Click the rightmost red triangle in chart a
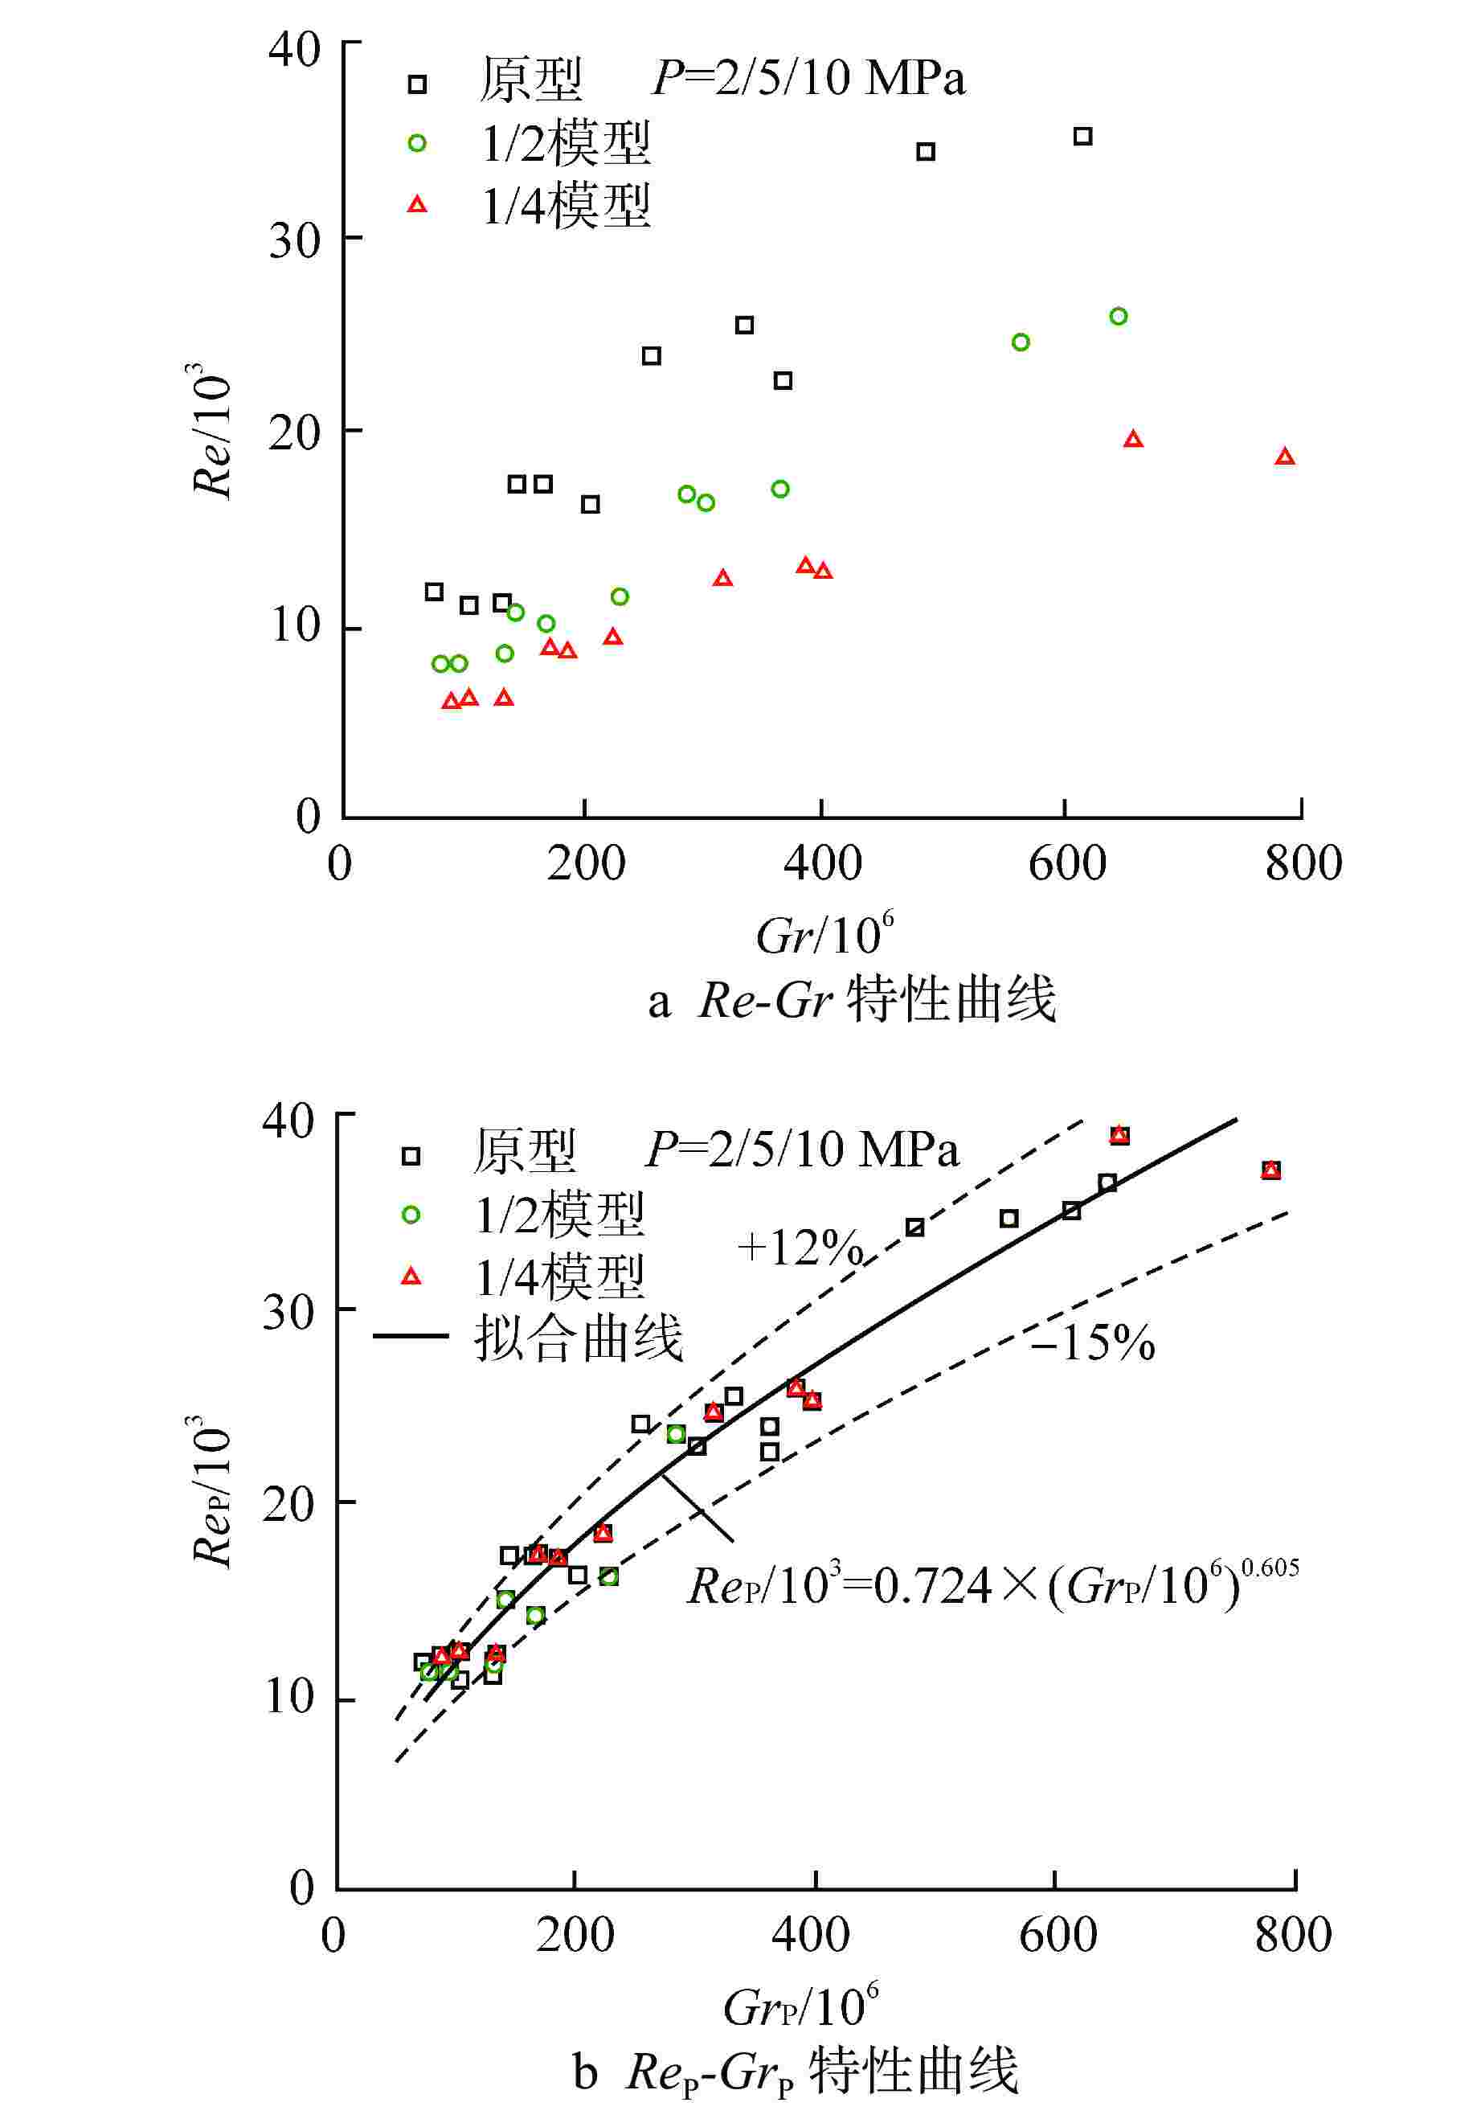(1283, 457)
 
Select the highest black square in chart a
(1082, 136)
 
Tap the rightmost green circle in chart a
(1118, 317)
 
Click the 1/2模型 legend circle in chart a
(417, 142)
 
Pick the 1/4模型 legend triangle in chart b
(411, 1277)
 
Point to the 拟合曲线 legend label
(578, 1337)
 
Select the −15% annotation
(1092, 1342)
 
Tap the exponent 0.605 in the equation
(1269, 1568)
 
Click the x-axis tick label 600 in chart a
(1066, 863)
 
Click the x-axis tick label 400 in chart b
(812, 1935)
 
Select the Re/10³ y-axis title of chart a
(211, 431)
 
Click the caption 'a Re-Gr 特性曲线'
(851, 1001)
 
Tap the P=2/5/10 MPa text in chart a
(808, 78)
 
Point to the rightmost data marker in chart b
(1270, 1170)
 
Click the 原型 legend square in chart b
(411, 1155)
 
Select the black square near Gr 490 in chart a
(925, 152)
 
